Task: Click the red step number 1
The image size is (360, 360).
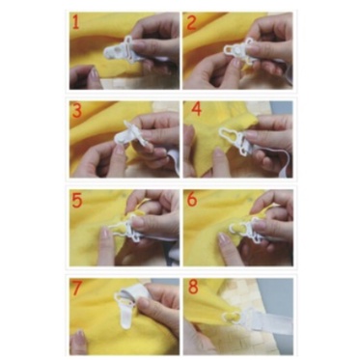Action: pyautogui.click(x=76, y=23)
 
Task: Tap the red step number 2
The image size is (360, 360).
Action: pyautogui.click(x=191, y=23)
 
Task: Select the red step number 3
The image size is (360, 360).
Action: pyautogui.click(x=77, y=111)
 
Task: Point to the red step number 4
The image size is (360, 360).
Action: pyautogui.click(x=197, y=109)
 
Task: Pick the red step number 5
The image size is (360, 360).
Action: pyautogui.click(x=77, y=200)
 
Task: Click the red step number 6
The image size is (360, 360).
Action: pyautogui.click(x=192, y=200)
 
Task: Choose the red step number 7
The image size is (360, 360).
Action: pyautogui.click(x=76, y=288)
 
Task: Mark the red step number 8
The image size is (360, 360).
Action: pyautogui.click(x=193, y=287)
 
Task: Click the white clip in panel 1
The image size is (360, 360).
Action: pyautogui.click(x=121, y=51)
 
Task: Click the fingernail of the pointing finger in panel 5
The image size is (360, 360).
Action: pyautogui.click(x=104, y=233)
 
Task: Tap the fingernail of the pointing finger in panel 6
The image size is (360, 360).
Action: pyautogui.click(x=222, y=238)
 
